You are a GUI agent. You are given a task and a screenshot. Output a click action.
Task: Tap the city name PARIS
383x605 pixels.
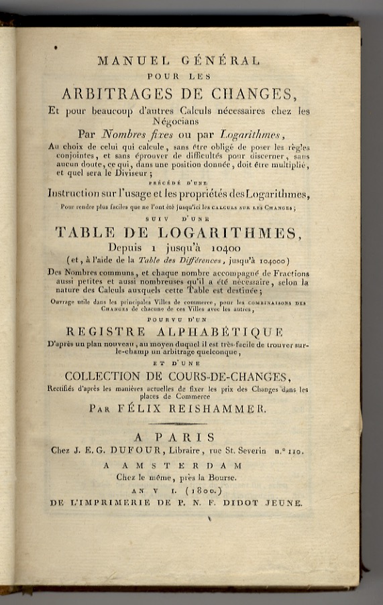pyautogui.click(x=196, y=438)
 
